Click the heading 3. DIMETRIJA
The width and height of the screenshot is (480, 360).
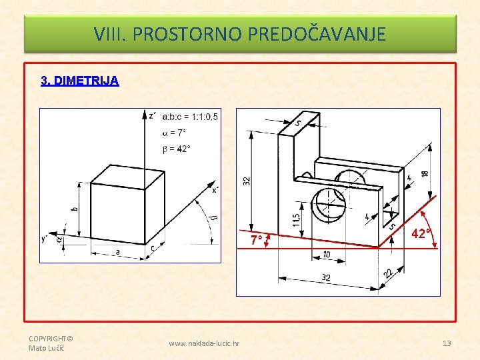point(79,81)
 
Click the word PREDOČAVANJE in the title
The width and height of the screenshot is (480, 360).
point(317,34)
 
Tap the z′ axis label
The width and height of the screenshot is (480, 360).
point(152,116)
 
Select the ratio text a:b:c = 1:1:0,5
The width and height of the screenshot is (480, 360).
point(190,117)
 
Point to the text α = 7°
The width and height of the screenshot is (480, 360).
point(174,133)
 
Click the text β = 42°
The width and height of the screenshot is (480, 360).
point(176,149)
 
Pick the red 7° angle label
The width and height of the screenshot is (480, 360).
point(256,240)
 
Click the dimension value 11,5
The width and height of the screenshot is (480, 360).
point(296,220)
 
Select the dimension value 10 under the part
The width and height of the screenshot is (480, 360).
point(327,255)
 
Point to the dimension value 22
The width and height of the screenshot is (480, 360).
point(388,273)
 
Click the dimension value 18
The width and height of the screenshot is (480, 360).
point(425,173)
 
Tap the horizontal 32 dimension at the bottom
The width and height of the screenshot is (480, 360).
point(326,277)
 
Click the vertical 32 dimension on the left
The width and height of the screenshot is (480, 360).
point(247,181)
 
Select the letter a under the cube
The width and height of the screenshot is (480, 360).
point(117,251)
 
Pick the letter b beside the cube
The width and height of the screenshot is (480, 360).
point(75,209)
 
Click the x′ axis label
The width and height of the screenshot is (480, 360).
point(215,190)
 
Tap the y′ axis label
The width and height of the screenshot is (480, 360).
point(45,238)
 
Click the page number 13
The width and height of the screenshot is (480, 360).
point(447,343)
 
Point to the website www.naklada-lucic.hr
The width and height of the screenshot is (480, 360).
point(204,343)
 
